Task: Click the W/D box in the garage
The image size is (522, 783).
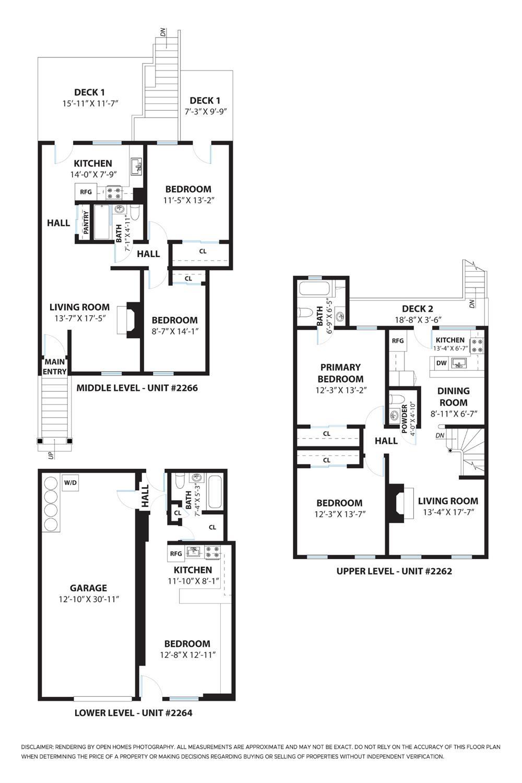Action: (70, 482)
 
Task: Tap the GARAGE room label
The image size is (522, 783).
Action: (88, 588)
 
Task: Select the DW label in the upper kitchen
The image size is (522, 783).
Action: (441, 363)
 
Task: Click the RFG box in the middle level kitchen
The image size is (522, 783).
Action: (86, 192)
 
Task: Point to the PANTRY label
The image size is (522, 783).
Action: (86, 223)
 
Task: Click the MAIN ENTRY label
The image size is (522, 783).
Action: (55, 366)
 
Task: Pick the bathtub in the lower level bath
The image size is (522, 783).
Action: (215, 491)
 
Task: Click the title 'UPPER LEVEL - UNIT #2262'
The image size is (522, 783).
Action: (394, 571)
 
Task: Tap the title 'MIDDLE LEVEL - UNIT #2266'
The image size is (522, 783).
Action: (137, 388)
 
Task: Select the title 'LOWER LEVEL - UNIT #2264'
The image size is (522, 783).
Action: (133, 712)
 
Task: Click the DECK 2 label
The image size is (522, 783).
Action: (417, 309)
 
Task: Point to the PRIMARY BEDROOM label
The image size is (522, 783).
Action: (340, 373)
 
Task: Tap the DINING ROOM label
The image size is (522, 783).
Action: (453, 397)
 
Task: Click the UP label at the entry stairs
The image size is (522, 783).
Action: (51, 454)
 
